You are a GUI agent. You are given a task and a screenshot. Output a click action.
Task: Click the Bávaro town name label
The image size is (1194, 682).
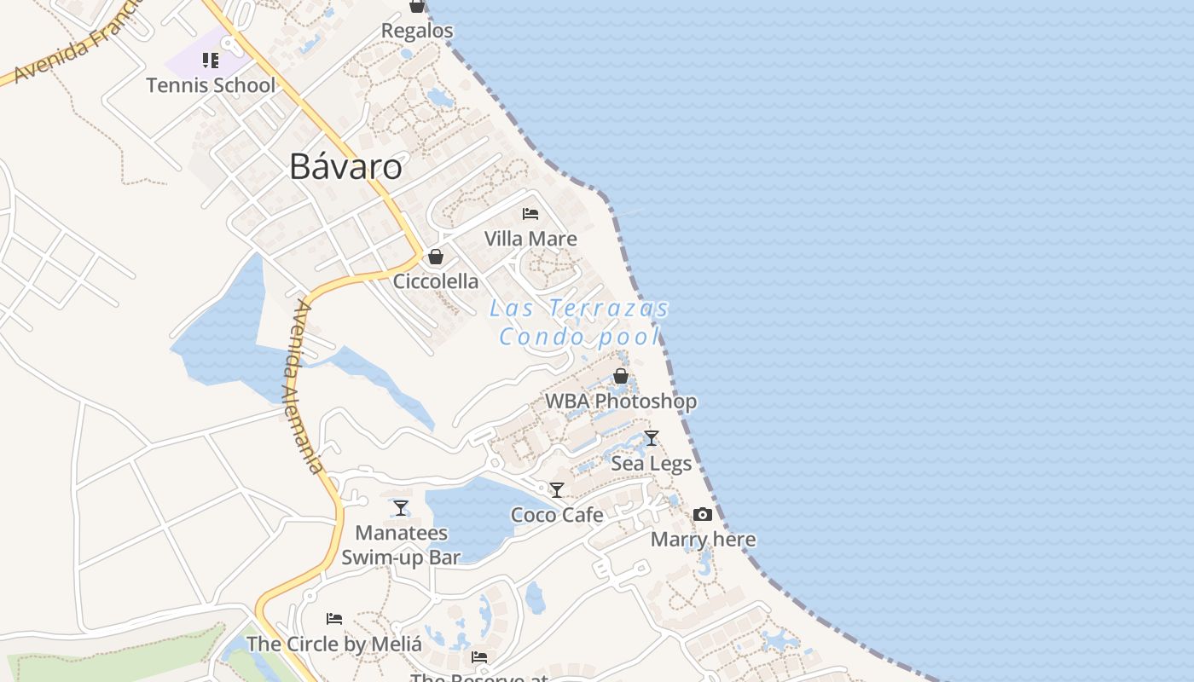(x=345, y=166)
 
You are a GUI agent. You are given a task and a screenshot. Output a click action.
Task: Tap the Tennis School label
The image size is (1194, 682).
(x=211, y=85)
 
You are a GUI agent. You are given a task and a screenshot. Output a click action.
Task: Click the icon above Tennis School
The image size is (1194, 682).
(x=210, y=60)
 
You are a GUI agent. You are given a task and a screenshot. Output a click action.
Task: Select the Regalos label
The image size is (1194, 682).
(x=417, y=31)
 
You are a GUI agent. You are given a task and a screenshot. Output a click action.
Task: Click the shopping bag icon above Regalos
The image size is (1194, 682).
(x=417, y=6)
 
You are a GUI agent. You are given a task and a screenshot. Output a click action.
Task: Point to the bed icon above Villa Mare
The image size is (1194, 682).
(x=530, y=213)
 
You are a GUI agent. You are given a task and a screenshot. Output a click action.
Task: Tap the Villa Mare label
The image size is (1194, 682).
(x=530, y=239)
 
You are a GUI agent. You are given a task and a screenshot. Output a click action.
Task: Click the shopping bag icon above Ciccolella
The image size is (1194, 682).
(x=436, y=257)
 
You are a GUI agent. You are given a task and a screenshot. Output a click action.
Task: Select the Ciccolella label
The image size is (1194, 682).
(x=436, y=281)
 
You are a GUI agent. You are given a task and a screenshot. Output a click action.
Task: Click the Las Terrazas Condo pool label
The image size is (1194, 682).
(x=580, y=322)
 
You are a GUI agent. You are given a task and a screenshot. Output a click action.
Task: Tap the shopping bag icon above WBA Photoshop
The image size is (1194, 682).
(x=621, y=376)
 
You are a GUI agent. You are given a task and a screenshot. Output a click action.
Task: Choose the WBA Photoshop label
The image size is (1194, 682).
(x=621, y=401)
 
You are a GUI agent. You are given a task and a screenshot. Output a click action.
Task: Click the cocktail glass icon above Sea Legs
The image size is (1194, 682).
(x=652, y=438)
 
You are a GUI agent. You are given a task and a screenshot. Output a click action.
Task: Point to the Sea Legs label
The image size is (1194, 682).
(x=652, y=464)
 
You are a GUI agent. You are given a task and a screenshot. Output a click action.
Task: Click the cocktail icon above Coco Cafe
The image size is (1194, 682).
(x=557, y=490)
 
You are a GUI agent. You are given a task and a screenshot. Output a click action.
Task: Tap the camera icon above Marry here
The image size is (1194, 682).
(x=703, y=514)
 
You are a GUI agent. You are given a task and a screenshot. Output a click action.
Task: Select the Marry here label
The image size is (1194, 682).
(x=703, y=540)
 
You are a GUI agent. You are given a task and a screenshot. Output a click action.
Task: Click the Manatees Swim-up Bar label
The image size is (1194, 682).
(x=401, y=546)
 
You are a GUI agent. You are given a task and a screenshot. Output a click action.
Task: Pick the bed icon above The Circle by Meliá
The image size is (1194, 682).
(x=334, y=618)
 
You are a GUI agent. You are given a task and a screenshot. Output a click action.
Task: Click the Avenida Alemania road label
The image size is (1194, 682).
(x=304, y=385)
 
